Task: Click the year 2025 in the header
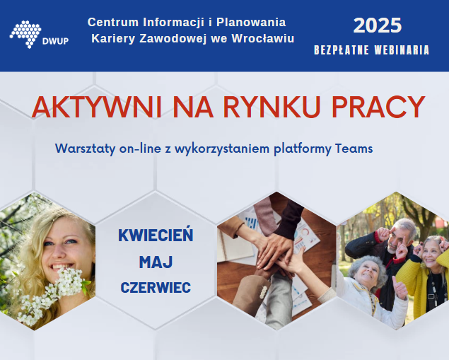click(x=378, y=25)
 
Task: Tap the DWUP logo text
click(x=55, y=41)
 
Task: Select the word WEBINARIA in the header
click(x=402, y=50)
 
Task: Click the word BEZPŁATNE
click(x=342, y=50)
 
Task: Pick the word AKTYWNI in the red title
click(x=96, y=107)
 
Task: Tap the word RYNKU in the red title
click(x=272, y=107)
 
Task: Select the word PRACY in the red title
click(x=378, y=107)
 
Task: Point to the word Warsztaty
click(x=85, y=149)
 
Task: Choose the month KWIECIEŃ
click(x=156, y=234)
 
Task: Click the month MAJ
click(x=156, y=262)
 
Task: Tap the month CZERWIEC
click(x=156, y=287)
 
